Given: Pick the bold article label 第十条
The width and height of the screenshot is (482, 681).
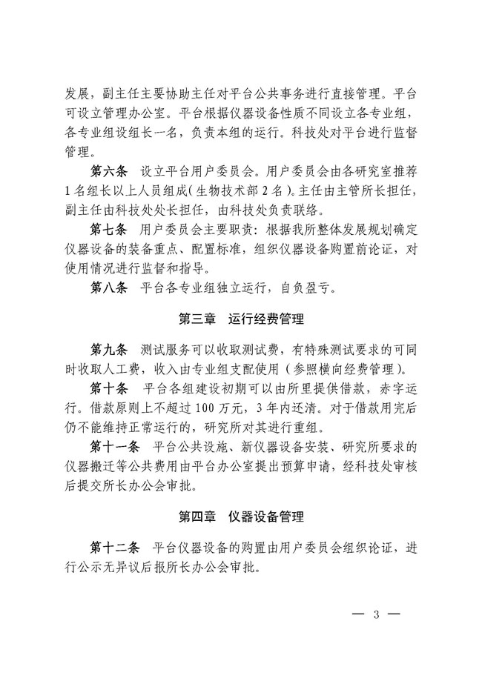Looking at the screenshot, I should pos(109,387).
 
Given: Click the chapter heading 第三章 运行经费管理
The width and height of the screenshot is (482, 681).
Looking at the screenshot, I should pos(241,319).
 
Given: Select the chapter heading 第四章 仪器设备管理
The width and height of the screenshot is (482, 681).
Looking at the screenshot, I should pos(241,515).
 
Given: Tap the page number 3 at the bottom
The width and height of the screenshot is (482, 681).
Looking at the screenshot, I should pos(376,614).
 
